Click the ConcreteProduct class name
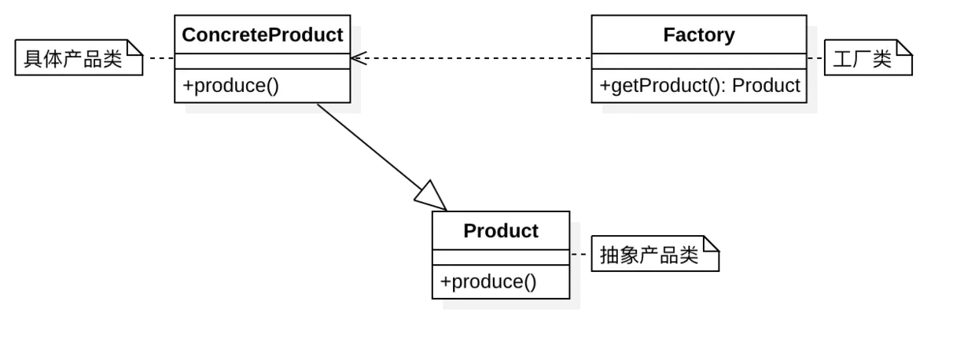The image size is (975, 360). (x=262, y=35)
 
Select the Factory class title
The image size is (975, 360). (x=699, y=35)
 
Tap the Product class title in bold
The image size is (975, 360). (x=501, y=231)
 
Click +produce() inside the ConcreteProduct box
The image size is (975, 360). (x=230, y=86)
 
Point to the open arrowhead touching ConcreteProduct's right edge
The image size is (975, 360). (x=359, y=59)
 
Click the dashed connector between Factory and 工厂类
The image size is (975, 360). (x=815, y=59)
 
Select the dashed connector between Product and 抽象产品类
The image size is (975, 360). (x=580, y=255)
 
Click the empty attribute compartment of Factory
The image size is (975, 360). (x=699, y=61)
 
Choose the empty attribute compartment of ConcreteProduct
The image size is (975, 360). (x=262, y=61)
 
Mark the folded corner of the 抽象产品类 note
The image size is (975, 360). (x=712, y=244)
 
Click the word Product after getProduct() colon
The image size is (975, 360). (x=766, y=86)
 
